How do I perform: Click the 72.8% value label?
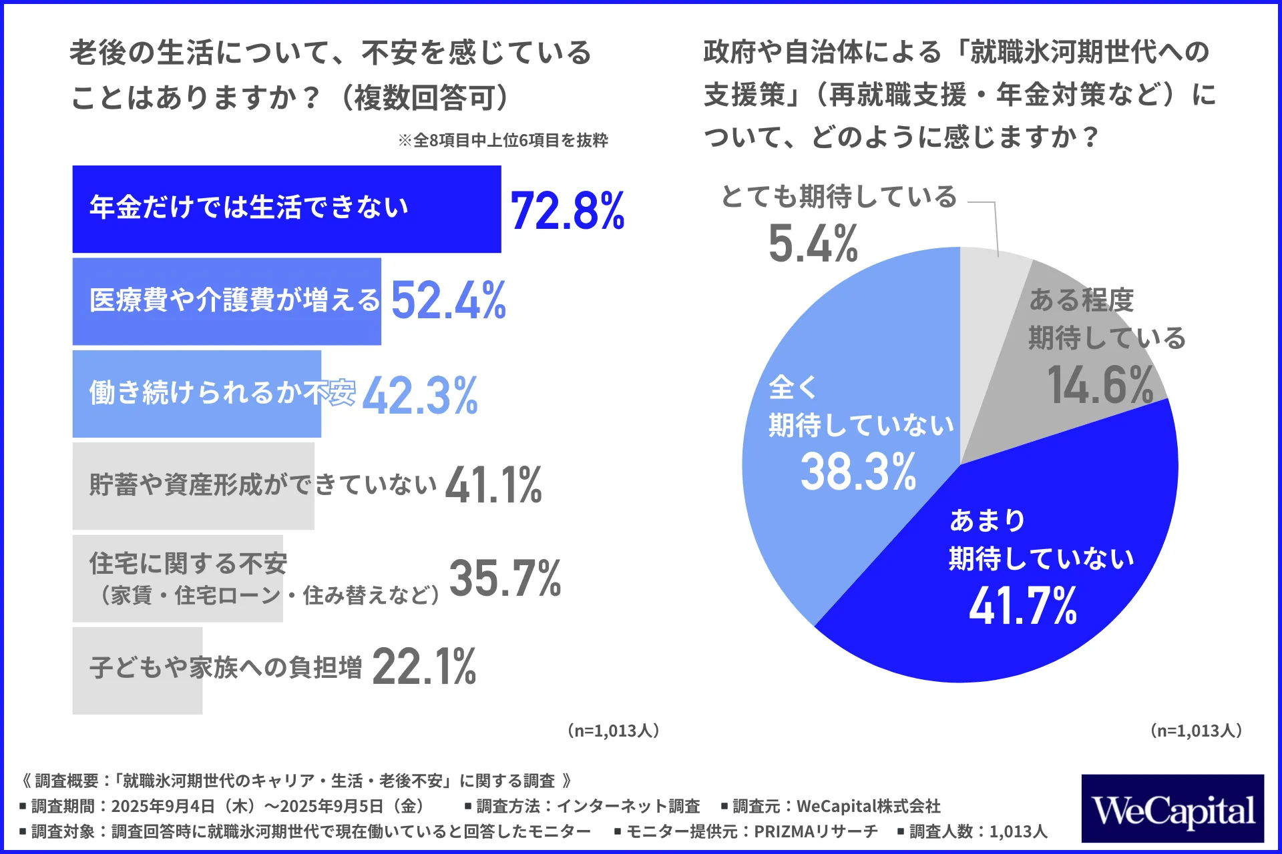click(568, 211)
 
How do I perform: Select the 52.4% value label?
click(449, 301)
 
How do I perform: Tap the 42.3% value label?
click(420, 395)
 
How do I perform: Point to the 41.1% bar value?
click(493, 485)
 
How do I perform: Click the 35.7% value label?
click(505, 578)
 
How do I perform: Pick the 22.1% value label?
click(424, 667)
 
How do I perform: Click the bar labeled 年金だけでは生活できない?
click(286, 209)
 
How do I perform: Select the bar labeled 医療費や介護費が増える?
click(227, 302)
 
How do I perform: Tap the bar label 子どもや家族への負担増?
click(226, 667)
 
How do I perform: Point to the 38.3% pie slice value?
click(859, 472)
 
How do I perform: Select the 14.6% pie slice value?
click(1100, 386)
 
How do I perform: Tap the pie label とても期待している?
click(839, 197)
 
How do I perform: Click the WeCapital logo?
click(1172, 809)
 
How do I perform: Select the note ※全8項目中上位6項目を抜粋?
click(503, 141)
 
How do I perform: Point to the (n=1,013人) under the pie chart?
click(1196, 731)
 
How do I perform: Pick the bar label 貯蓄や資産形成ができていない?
click(263, 485)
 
